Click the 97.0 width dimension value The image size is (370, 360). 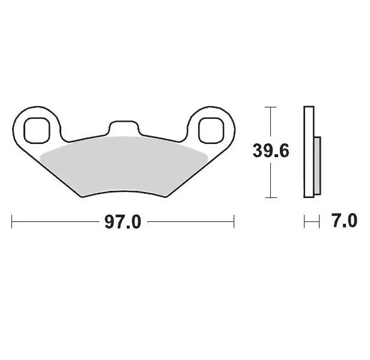(123, 222)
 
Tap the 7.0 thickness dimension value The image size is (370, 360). (344, 221)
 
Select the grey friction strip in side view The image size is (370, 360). (318, 161)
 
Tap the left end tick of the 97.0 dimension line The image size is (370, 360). (13, 222)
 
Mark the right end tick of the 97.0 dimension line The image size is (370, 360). (234, 222)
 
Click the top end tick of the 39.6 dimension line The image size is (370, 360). (271, 107)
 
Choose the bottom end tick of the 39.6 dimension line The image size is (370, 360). (271, 198)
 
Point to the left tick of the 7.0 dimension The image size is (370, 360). (305, 222)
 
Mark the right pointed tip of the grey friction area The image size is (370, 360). (207, 154)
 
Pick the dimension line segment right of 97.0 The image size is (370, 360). (189, 222)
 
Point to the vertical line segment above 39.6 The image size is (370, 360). (271, 123)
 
